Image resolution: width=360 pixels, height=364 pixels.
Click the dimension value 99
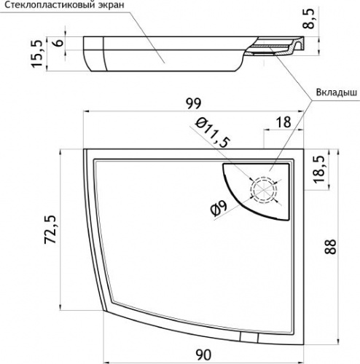[x=194, y=103]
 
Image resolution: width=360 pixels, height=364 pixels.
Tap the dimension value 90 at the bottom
[x=203, y=355]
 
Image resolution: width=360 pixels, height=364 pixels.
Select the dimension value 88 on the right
[x=330, y=247]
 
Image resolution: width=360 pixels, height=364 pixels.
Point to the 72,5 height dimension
[x=50, y=229]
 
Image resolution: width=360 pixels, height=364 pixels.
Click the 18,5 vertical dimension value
[x=319, y=169]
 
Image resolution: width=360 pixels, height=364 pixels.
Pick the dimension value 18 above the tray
[x=283, y=122]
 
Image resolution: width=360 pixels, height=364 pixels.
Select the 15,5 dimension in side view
[x=37, y=54]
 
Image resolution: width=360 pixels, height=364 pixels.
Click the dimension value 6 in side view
[x=58, y=43]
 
